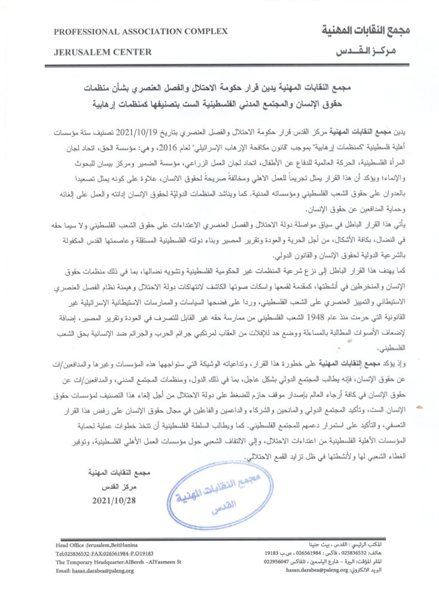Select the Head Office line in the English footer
coord(93,546)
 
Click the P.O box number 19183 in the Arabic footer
coord(272,554)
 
